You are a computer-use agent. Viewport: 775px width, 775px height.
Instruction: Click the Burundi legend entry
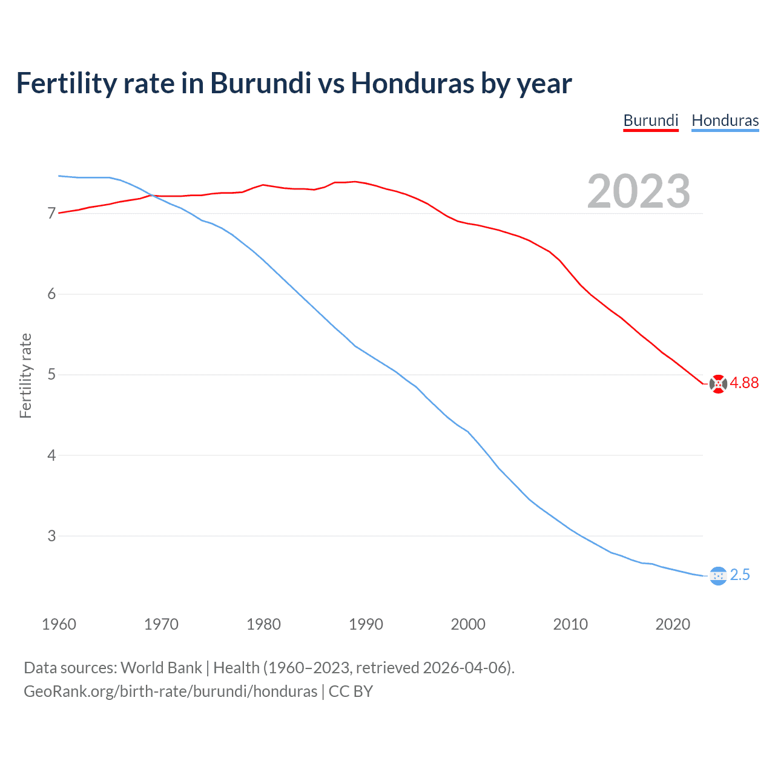[x=651, y=120]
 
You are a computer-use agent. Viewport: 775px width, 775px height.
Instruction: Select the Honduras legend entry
[x=725, y=120]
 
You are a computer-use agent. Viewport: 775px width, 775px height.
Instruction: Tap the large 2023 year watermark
[x=638, y=191]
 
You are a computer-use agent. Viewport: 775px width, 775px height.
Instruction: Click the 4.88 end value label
[x=744, y=383]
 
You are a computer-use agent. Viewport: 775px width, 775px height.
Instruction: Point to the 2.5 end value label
[x=740, y=575]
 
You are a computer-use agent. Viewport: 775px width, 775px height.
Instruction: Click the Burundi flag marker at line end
[x=718, y=384]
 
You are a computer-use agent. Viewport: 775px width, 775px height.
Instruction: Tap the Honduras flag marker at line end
[x=718, y=576]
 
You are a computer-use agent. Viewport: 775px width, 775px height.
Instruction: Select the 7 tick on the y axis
[x=51, y=214]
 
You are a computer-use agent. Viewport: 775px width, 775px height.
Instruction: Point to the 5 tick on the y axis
[x=51, y=375]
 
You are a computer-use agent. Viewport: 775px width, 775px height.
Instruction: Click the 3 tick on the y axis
[x=51, y=536]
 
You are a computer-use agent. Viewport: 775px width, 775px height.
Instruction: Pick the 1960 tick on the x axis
[x=59, y=624]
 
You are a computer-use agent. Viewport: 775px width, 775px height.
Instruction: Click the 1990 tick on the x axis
[x=366, y=624]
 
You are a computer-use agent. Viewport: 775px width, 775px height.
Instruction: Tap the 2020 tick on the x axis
[x=673, y=624]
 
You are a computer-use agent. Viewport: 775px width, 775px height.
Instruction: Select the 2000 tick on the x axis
[x=468, y=624]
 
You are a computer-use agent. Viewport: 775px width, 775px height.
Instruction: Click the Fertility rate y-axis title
[x=25, y=375]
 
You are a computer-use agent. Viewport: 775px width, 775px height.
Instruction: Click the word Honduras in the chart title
[x=413, y=84]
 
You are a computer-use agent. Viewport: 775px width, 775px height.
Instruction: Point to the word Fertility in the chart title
[x=66, y=84]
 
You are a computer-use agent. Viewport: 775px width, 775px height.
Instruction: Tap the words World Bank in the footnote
[x=161, y=668]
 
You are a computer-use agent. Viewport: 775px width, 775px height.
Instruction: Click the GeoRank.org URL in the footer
[x=170, y=691]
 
